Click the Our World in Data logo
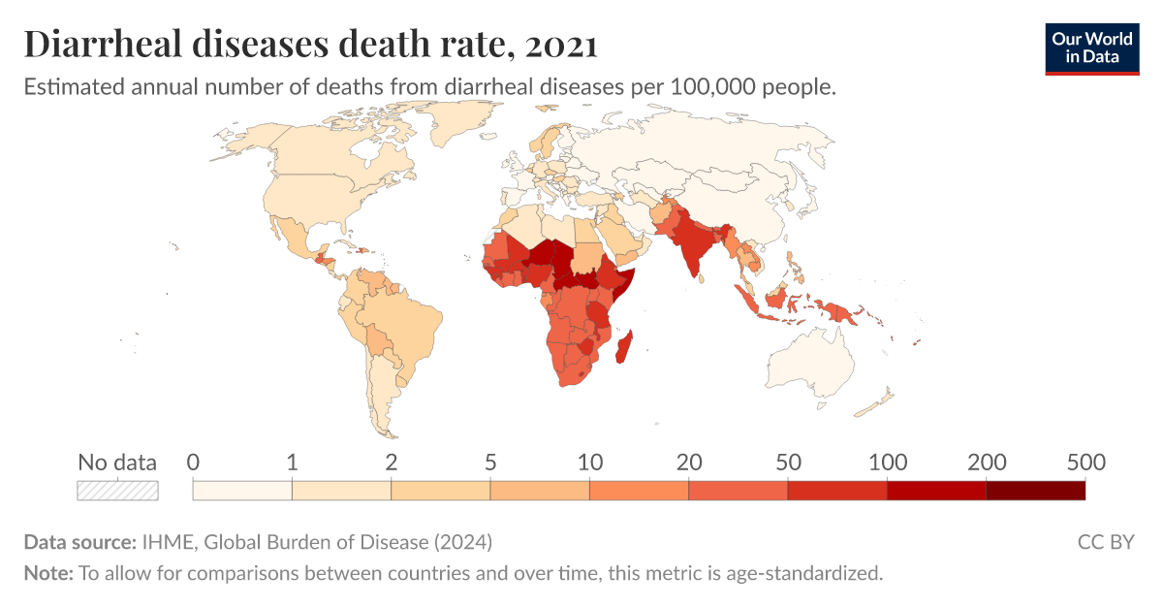pos(1091,48)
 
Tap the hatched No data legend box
pos(117,491)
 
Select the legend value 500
pos(1084,463)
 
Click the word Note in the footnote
pos(47,573)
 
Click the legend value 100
pos(887,463)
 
